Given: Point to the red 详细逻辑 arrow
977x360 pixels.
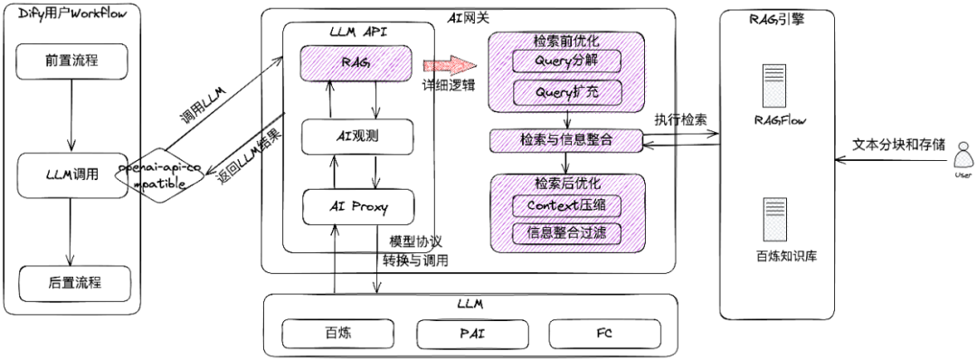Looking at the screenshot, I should point(449,65).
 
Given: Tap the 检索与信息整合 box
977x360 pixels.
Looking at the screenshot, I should point(566,140).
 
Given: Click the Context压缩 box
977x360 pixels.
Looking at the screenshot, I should point(566,204).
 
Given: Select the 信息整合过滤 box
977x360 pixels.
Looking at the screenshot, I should point(566,232).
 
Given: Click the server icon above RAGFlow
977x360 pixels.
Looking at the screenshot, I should point(772,85).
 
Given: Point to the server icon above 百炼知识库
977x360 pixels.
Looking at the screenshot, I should point(772,218).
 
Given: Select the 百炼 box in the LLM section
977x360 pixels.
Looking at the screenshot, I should point(336,332).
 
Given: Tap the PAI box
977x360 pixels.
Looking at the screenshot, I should point(474,332).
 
